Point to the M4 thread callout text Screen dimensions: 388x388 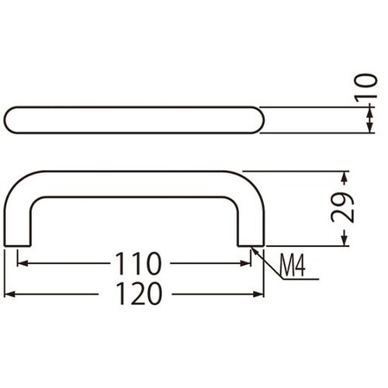[293, 266]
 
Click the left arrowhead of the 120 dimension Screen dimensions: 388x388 [10, 295]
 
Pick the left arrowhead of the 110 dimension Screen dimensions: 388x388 [22, 265]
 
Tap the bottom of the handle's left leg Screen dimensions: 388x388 [18, 246]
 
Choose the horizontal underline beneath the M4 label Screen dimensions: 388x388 [295, 281]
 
